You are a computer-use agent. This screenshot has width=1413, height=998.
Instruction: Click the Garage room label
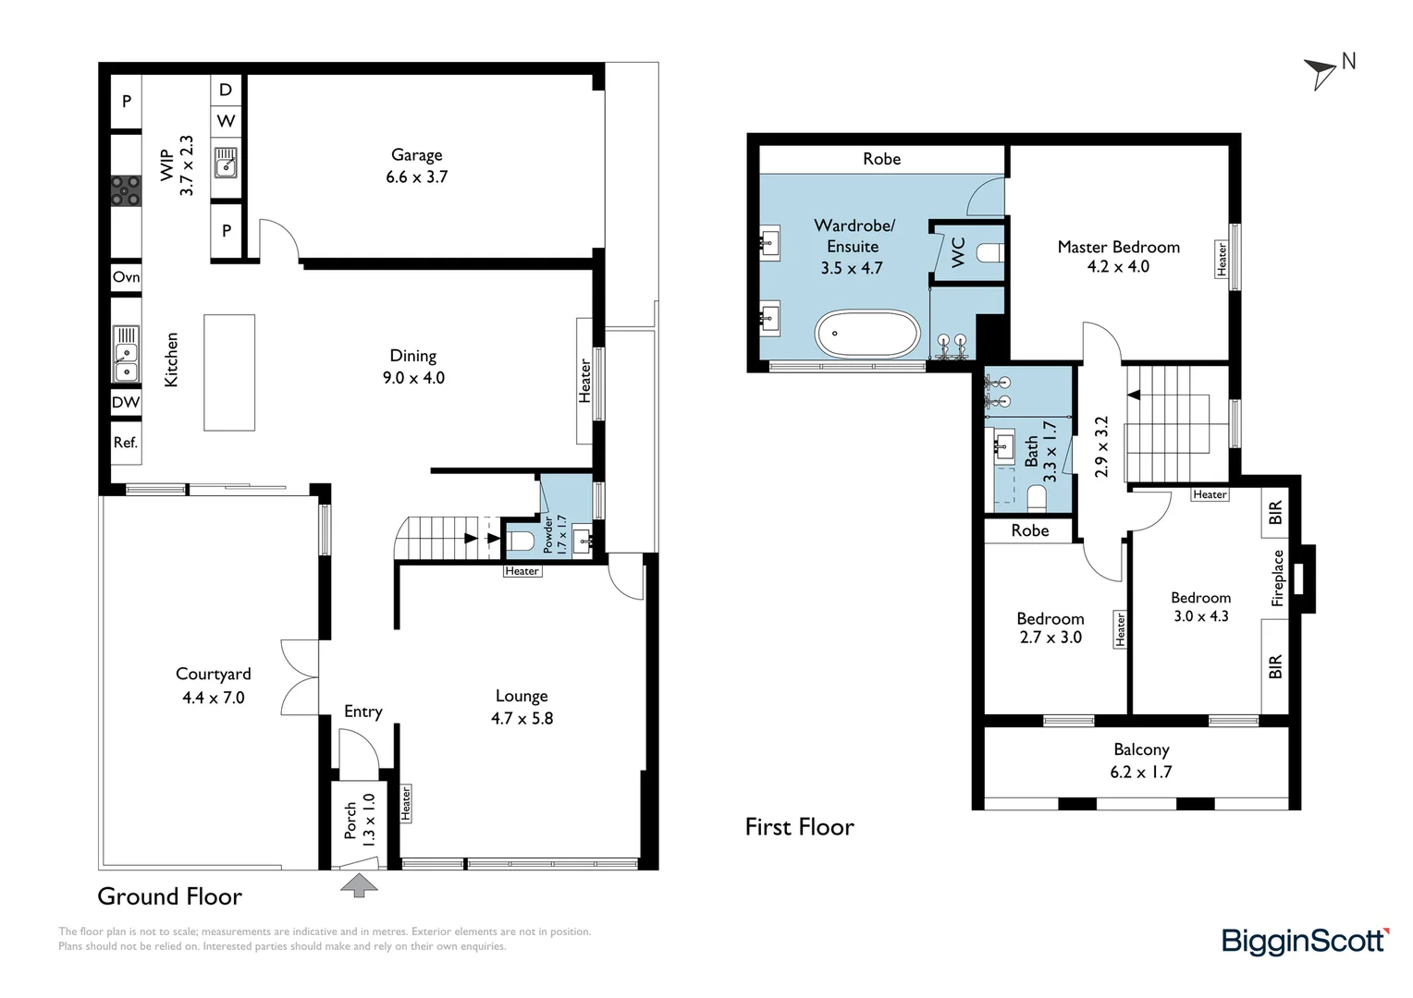click(416, 154)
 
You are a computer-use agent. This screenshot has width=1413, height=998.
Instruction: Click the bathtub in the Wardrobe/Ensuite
click(867, 334)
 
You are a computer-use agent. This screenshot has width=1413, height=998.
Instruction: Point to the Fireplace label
click(1277, 578)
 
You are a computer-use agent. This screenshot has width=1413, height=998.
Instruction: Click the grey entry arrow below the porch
click(359, 884)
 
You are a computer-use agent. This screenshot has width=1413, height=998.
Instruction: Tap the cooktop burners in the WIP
click(126, 190)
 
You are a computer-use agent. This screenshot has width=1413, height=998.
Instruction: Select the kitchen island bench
click(229, 372)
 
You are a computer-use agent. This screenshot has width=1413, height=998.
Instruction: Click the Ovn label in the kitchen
click(126, 277)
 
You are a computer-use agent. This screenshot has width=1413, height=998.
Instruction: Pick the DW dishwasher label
click(126, 402)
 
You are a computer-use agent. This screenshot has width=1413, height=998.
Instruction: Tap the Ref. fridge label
click(126, 443)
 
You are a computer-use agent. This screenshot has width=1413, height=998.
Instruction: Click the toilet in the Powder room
click(522, 541)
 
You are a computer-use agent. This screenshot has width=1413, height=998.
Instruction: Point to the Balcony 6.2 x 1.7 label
click(1141, 761)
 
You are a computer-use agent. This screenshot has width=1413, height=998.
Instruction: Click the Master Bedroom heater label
click(1222, 259)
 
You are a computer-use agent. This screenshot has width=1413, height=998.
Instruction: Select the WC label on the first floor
click(957, 252)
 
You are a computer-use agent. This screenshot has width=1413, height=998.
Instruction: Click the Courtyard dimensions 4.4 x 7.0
click(214, 698)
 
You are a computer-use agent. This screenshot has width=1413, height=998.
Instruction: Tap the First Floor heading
click(799, 826)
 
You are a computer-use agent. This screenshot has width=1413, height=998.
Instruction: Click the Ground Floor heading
click(169, 896)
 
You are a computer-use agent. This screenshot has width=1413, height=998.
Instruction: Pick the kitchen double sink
click(126, 354)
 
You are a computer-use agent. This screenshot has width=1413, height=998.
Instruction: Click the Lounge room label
click(521, 696)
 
